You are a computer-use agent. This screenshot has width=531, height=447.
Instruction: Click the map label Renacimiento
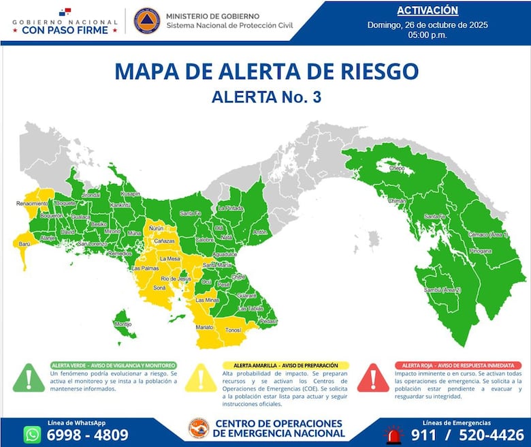click(32, 203)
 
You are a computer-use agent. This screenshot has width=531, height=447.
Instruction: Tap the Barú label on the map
click(25, 243)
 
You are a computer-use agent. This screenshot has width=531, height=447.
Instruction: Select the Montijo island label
click(123, 324)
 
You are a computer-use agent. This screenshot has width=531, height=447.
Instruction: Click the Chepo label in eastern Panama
click(397, 167)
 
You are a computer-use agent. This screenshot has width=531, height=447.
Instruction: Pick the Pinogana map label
click(480, 251)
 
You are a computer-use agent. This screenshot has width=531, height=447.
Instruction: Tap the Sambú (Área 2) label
click(442, 290)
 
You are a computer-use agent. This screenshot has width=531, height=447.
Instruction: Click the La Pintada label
click(230, 208)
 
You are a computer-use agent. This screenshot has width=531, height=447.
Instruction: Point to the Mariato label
click(204, 328)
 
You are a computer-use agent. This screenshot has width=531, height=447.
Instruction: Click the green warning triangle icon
click(29, 378)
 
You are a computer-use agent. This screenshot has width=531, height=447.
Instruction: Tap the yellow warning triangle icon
click(202, 378)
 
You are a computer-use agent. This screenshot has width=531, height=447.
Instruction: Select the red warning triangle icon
click(373, 378)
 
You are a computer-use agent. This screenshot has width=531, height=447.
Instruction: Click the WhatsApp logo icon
click(32, 434)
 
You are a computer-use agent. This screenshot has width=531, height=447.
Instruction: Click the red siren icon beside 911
click(393, 434)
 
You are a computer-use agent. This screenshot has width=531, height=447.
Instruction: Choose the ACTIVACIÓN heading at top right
click(427, 10)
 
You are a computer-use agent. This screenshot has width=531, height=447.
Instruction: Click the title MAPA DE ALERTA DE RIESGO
click(265, 71)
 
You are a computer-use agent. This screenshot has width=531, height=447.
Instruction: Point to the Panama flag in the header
click(65, 12)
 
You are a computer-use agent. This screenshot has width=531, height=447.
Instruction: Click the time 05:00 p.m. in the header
click(427, 35)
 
